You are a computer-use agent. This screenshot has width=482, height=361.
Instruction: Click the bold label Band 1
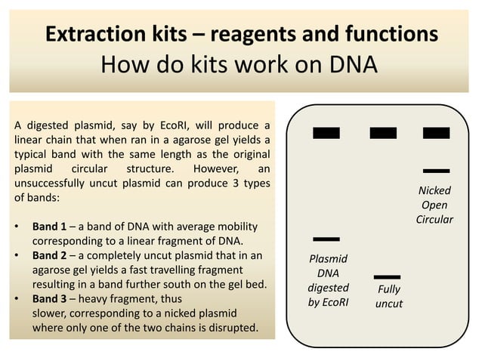coord(51,227)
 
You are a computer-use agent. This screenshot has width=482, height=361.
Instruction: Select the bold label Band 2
coord(51,256)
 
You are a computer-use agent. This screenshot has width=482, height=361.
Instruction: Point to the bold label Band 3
coord(51,299)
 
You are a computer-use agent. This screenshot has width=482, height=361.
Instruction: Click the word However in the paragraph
coord(218,167)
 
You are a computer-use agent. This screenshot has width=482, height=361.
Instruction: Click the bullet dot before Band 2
coord(17,256)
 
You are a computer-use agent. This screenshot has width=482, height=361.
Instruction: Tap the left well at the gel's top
coord(326,133)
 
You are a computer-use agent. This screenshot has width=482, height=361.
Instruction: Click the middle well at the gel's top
coord(383,133)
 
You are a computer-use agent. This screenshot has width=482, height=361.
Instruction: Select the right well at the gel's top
coord(436,133)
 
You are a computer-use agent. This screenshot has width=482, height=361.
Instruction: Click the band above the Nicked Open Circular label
coord(436,171)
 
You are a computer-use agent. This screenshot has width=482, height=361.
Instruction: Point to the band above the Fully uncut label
coord(387,276)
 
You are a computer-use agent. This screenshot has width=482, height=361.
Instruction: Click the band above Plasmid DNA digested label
coord(326,239)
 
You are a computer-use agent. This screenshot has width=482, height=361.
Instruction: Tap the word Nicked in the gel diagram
coord(434,191)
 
